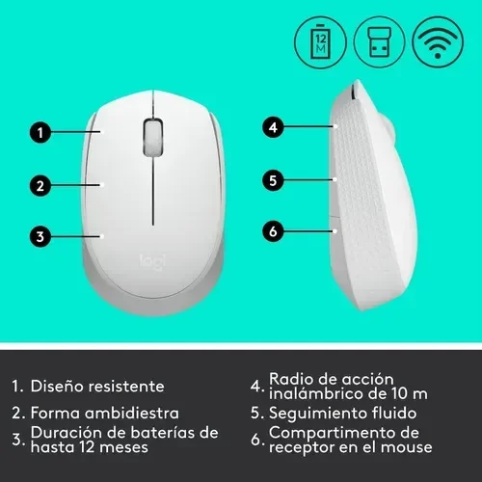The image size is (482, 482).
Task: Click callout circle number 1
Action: tap(39, 133)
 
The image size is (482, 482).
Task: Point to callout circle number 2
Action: tap(39, 184)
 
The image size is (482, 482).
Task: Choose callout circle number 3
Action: tap(39, 235)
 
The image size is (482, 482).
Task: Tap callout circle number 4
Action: tap(274, 127)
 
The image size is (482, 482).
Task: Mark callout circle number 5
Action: tap(274, 179)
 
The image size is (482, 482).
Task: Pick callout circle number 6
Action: tap(274, 231)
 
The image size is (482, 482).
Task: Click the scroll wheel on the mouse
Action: tap(151, 138)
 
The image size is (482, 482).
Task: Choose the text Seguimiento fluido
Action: tap(337, 414)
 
